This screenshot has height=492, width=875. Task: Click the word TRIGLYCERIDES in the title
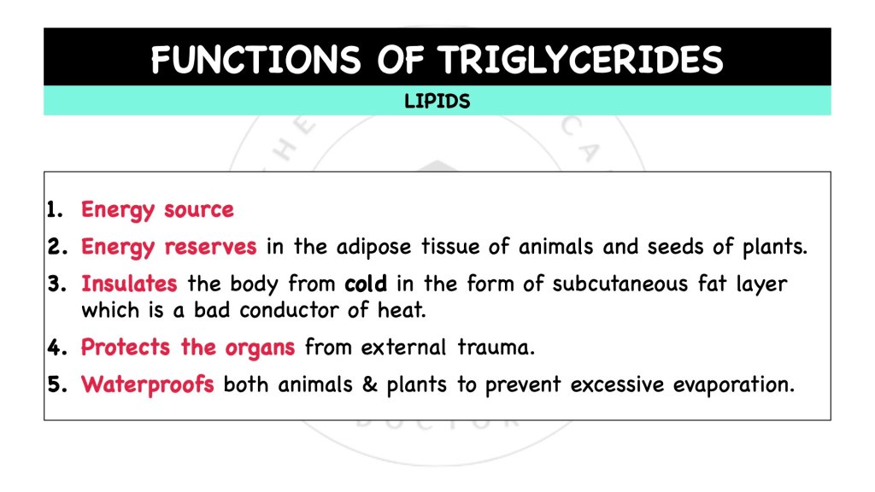pyautogui.click(x=581, y=60)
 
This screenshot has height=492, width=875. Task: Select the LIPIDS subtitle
pyautogui.click(x=437, y=102)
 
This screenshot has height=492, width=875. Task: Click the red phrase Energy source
pyautogui.click(x=157, y=209)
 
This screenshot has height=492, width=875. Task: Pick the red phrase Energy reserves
pyautogui.click(x=168, y=247)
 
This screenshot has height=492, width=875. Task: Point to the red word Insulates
pyautogui.click(x=129, y=283)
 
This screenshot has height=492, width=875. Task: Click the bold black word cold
pyautogui.click(x=369, y=283)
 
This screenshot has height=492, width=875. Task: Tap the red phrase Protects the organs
pyautogui.click(x=188, y=347)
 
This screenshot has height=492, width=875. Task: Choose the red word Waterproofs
pyautogui.click(x=148, y=384)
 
